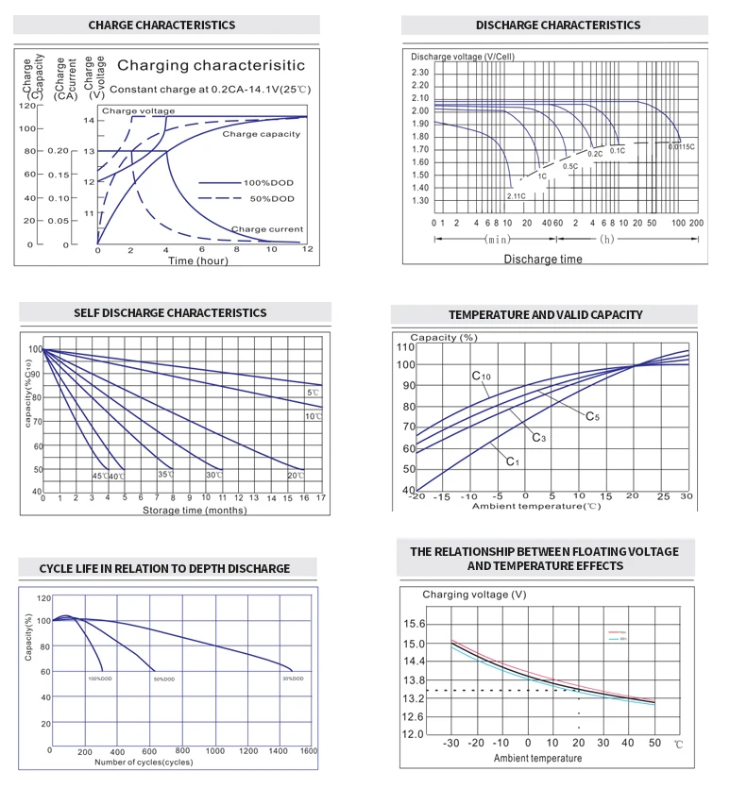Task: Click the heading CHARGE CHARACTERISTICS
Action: click(161, 25)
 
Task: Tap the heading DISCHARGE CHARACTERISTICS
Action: click(557, 25)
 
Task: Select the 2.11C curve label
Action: click(516, 195)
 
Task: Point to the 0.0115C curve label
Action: click(681, 146)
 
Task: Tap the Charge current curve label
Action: click(267, 229)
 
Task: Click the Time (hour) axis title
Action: click(198, 261)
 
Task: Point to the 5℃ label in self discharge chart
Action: click(313, 392)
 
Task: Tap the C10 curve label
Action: click(482, 377)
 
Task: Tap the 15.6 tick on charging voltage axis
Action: click(414, 625)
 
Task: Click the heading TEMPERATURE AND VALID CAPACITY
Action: click(545, 314)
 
